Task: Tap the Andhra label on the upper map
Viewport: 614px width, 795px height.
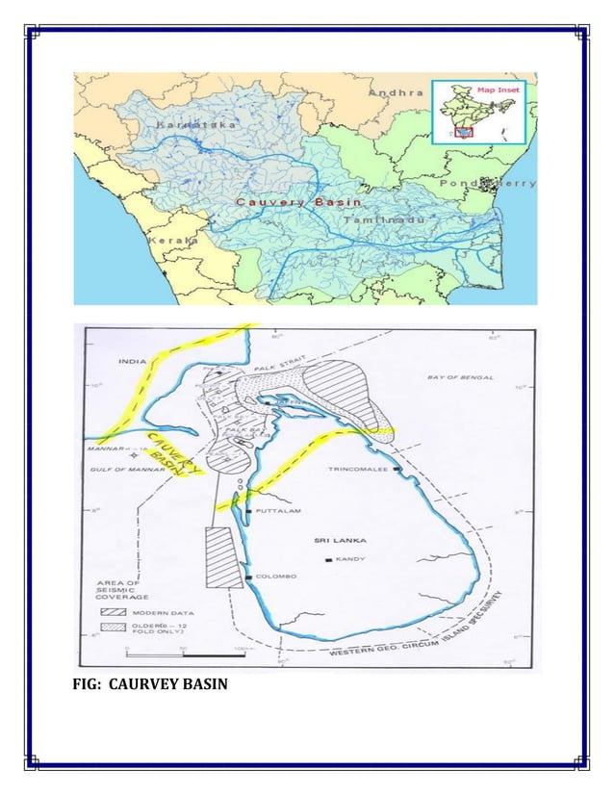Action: pyautogui.click(x=397, y=92)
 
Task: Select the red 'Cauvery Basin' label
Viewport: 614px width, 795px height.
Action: pyautogui.click(x=298, y=202)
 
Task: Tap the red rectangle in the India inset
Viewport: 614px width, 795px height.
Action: pyautogui.click(x=464, y=132)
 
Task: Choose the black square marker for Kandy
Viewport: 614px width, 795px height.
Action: pyautogui.click(x=330, y=559)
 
